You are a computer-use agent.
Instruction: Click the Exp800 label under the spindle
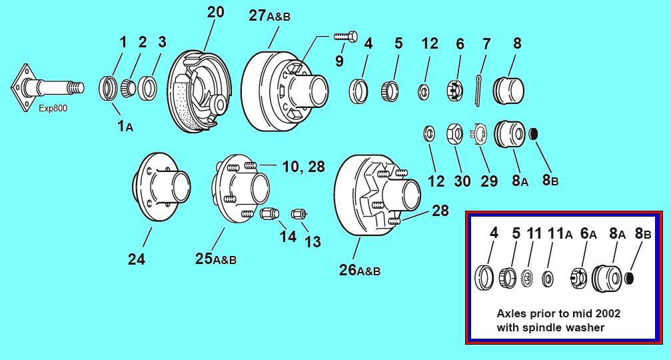pyautogui.click(x=53, y=108)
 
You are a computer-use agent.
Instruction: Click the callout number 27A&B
pyautogui.click(x=269, y=15)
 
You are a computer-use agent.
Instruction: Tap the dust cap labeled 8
pyautogui.click(x=508, y=89)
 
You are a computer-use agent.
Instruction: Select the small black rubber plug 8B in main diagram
pyautogui.click(x=534, y=134)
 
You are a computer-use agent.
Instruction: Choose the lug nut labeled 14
pyautogui.click(x=269, y=214)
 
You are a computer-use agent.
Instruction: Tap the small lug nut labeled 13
pyautogui.click(x=298, y=213)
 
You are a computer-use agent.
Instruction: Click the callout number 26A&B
pyautogui.click(x=360, y=270)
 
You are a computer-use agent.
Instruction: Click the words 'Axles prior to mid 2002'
pyautogui.click(x=558, y=313)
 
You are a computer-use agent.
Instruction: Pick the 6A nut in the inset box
pyautogui.click(x=578, y=277)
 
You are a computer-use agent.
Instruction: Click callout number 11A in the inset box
pyautogui.click(x=559, y=233)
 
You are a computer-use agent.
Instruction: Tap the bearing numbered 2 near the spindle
pyautogui.click(x=129, y=86)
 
